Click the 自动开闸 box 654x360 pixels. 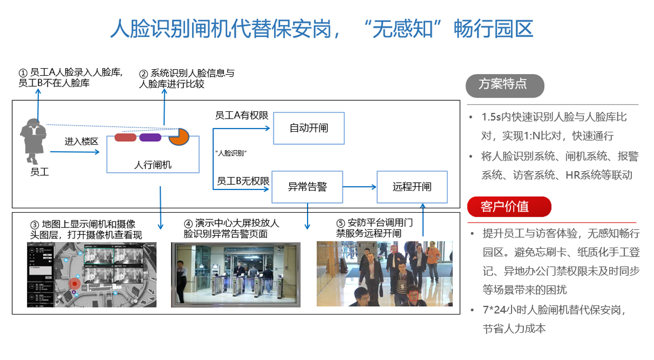pos(309,128)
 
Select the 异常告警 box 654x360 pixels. pos(307,187)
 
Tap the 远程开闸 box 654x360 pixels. pos(412,187)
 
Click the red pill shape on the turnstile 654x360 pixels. pos(125,137)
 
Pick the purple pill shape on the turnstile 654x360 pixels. pos(150,137)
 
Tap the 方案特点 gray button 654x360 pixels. pos(505,85)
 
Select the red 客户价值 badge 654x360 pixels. pos(509,207)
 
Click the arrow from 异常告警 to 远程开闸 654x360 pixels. pos(360,187)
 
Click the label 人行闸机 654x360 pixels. pos(152,164)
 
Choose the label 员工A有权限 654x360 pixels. pos(242,115)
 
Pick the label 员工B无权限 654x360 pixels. pos(243,181)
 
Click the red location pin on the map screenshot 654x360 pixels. pos(74,284)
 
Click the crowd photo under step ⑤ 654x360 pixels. pos(385,274)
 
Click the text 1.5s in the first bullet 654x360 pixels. pos(491,117)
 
